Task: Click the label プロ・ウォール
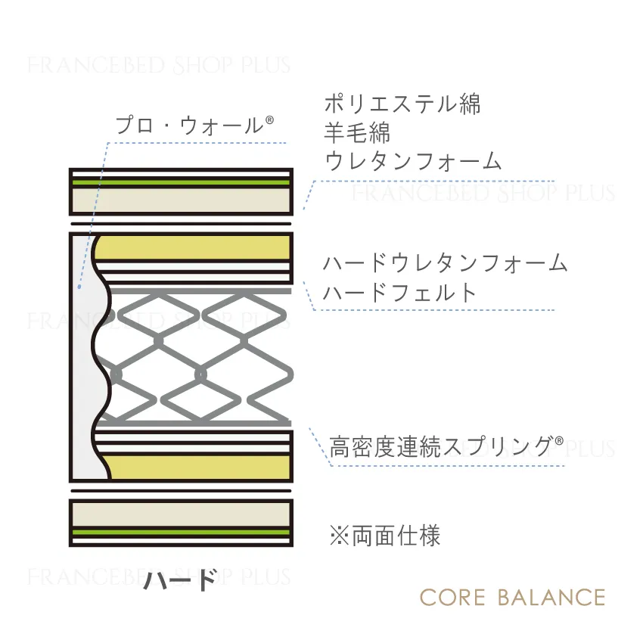pos(189,126)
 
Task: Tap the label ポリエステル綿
pos(402,104)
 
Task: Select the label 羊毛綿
pos(357,132)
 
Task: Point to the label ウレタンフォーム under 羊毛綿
pos(413,160)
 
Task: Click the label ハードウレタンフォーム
pos(446,262)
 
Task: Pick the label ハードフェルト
pos(400,293)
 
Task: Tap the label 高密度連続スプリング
pos(441,447)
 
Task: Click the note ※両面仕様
pos(384,535)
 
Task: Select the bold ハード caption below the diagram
pos(180,579)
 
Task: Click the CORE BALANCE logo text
pos(513,598)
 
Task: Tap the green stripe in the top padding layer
pos(181,182)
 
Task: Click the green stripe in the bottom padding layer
pos(181,533)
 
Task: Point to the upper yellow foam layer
pos(192,247)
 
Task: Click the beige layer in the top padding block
pos(181,200)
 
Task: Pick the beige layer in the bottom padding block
pos(181,514)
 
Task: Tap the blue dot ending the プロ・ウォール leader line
pos(79,287)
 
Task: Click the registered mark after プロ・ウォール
pos(269,120)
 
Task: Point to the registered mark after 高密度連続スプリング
pos(559,441)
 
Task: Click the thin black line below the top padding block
pos(181,224)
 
